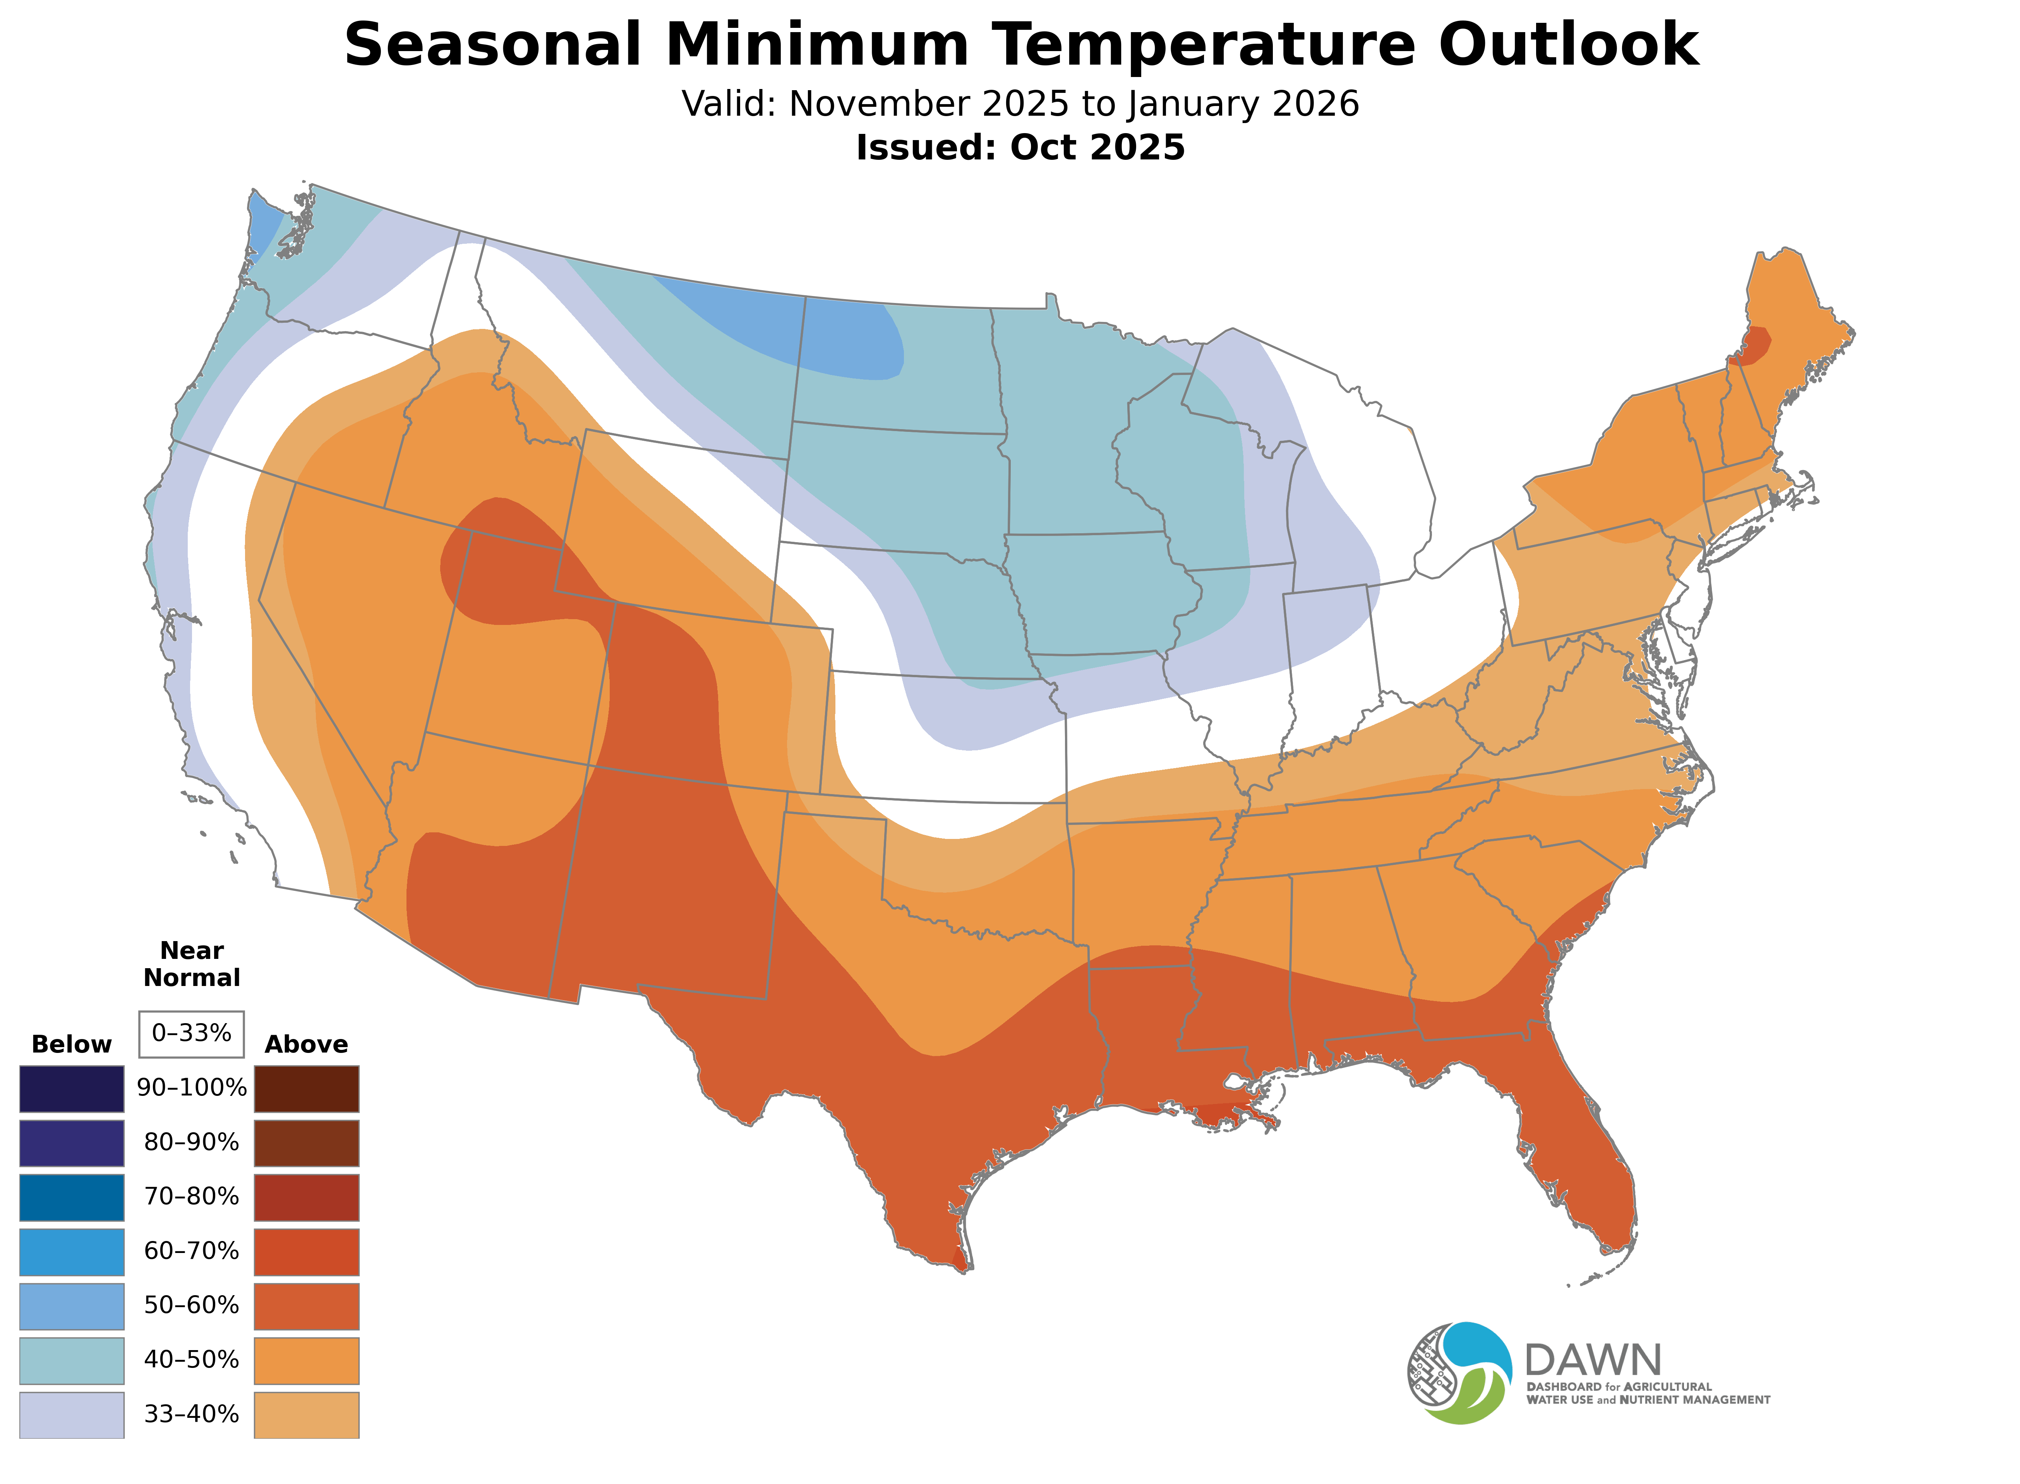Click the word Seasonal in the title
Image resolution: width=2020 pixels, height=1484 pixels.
pos(492,45)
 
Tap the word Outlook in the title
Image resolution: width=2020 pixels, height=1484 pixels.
pos(1568,45)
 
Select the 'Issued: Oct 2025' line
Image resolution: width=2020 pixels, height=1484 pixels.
pos(1020,147)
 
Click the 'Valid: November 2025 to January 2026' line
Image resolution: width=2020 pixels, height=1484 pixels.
pos(1020,104)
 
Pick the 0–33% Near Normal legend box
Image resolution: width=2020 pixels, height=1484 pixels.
pos(191,1034)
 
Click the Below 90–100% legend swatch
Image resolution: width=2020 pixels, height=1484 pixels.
pos(72,1089)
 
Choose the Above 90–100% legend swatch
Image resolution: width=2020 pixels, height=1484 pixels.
pos(307,1089)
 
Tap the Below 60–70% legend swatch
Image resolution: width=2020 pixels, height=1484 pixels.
pos(72,1251)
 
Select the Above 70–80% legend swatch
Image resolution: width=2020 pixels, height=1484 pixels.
pos(307,1197)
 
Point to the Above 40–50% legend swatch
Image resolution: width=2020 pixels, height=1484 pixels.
pos(307,1360)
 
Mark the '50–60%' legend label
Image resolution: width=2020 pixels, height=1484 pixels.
pos(191,1305)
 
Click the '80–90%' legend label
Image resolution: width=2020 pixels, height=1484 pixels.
pos(191,1143)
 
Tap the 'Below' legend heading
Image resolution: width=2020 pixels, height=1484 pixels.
pos(72,1045)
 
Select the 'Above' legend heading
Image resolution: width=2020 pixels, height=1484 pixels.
pos(307,1045)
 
